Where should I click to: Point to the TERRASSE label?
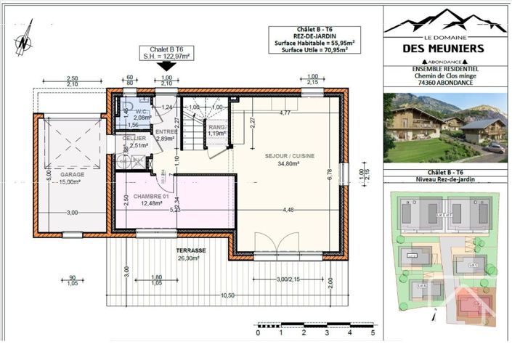pyautogui.click(x=192, y=250)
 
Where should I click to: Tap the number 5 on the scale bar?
pyautogui.click(x=373, y=335)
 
